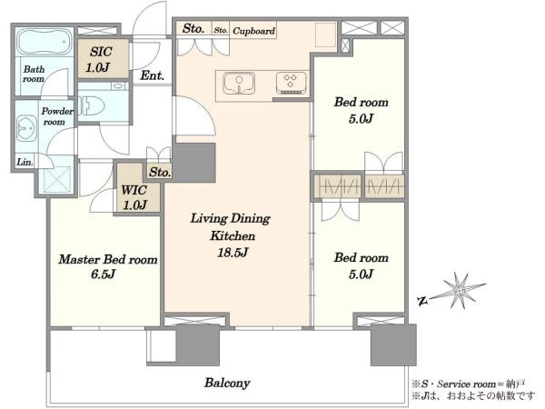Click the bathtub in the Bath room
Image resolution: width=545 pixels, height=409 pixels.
pyautogui.click(x=45, y=42)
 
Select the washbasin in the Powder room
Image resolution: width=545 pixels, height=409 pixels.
pyautogui.click(x=26, y=128)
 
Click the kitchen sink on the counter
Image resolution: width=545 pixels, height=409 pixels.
pyautogui.click(x=239, y=84)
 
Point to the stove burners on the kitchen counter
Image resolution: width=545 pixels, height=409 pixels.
pyautogui.click(x=292, y=83)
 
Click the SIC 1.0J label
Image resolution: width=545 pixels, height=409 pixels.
pyautogui.click(x=100, y=59)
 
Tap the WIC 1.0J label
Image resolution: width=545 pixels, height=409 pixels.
pyautogui.click(x=134, y=197)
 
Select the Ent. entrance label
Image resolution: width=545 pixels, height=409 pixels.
pyautogui.click(x=153, y=75)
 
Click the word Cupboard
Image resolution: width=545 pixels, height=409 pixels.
pyautogui.click(x=253, y=31)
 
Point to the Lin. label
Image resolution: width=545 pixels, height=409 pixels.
pyautogui.click(x=25, y=162)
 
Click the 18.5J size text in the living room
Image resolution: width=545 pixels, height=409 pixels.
pyautogui.click(x=233, y=252)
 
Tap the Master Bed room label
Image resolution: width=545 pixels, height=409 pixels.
pyautogui.click(x=108, y=259)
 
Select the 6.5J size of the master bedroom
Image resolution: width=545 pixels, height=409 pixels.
pyautogui.click(x=103, y=274)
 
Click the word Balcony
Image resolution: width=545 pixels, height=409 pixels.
pyautogui.click(x=227, y=383)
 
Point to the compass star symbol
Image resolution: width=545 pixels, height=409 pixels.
pyautogui.click(x=460, y=291)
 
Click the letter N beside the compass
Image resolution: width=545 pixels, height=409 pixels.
pyautogui.click(x=422, y=301)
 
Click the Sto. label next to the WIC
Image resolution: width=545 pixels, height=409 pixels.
pyautogui.click(x=160, y=172)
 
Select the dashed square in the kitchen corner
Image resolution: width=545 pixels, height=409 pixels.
pyautogui.click(x=326, y=35)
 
